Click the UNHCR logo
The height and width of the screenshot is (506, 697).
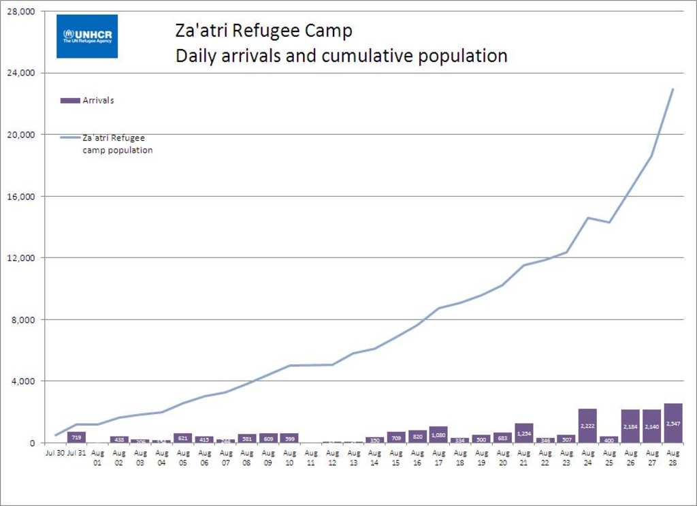click(87, 36)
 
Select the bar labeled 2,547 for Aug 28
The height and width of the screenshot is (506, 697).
click(673, 423)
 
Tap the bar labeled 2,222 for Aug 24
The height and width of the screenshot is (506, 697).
click(587, 426)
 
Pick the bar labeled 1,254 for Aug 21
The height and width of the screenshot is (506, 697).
click(524, 433)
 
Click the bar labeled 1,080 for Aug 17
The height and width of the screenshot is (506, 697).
click(438, 434)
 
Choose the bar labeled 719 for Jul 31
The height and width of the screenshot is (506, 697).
click(76, 437)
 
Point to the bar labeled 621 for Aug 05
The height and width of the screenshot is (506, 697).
click(182, 438)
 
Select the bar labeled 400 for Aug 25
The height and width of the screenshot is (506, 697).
click(609, 439)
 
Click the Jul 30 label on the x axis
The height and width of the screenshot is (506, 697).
click(55, 452)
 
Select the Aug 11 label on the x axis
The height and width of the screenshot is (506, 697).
click(311, 457)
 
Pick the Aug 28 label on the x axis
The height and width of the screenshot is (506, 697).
click(673, 457)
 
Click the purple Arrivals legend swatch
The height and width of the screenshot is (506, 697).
click(70, 101)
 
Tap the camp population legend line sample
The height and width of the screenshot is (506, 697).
click(70, 138)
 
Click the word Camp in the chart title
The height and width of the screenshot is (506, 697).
click(327, 31)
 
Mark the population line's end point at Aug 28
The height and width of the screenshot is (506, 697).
click(673, 89)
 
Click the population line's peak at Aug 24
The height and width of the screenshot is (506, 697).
click(587, 218)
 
